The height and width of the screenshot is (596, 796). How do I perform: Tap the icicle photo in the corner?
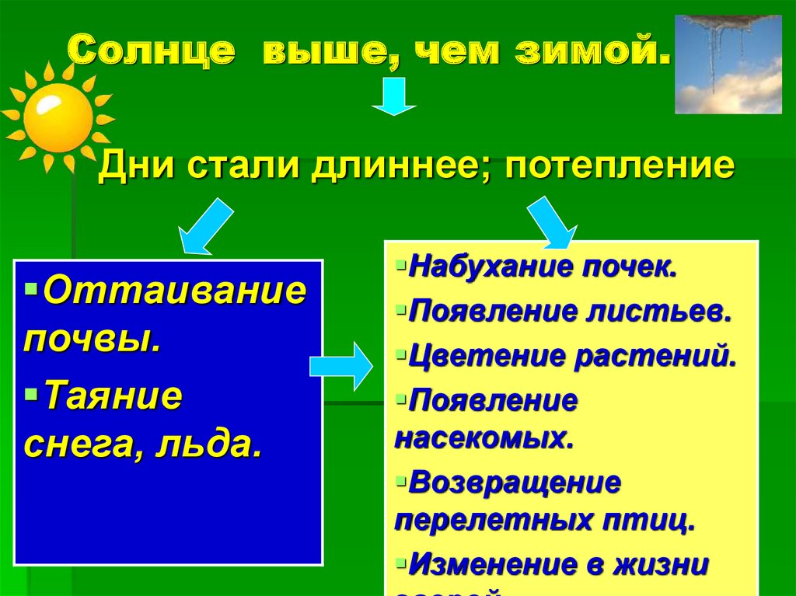point(728,64)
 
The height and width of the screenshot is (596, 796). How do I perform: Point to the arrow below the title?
point(394,96)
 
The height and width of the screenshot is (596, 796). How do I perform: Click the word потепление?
point(620,167)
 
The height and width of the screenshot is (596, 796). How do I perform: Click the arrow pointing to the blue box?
point(204,227)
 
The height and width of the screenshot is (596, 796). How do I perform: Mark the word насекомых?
point(484,438)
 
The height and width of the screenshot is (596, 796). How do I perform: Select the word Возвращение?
point(515,483)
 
